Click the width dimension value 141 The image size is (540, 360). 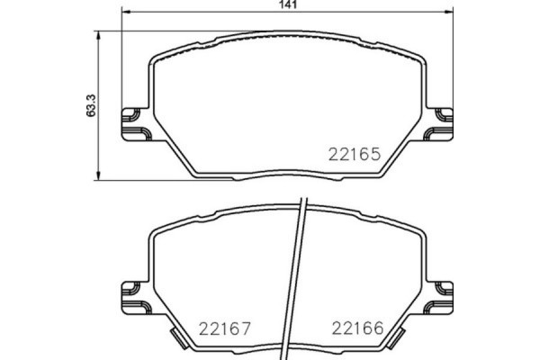coord(288,6)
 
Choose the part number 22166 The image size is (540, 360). coord(358,328)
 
